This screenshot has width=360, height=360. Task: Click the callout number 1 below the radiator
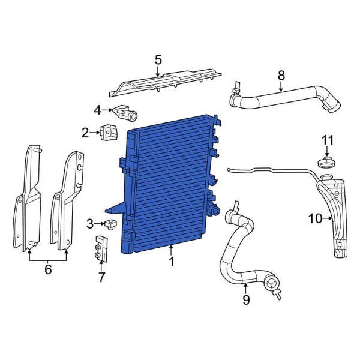click(x=172, y=262)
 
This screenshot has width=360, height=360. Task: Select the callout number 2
click(x=85, y=132)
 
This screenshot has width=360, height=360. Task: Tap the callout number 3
click(x=90, y=224)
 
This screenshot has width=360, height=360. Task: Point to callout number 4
click(x=97, y=110)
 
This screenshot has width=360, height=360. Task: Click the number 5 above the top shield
click(x=158, y=59)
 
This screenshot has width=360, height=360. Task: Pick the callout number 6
click(x=48, y=269)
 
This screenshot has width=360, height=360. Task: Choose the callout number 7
click(x=101, y=277)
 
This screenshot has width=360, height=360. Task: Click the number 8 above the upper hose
click(x=281, y=76)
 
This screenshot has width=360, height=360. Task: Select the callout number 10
click(x=315, y=219)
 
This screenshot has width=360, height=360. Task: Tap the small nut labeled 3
click(x=110, y=226)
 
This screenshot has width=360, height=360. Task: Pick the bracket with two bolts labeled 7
click(x=101, y=249)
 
